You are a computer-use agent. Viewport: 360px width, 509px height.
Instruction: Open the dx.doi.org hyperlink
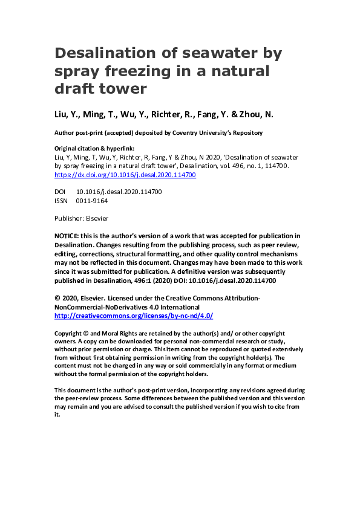tap(125, 175)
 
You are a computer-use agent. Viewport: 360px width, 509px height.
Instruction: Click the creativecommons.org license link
tap(134, 316)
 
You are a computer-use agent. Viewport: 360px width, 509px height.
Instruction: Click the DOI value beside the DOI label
tap(119, 191)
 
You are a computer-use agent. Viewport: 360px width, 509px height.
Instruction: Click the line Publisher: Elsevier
tap(82, 218)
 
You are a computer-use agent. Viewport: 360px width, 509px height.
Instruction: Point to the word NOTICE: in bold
tap(70, 236)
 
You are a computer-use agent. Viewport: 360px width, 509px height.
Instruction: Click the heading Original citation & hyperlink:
tap(94, 148)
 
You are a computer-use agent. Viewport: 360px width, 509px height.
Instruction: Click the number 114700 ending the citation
tap(277, 166)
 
